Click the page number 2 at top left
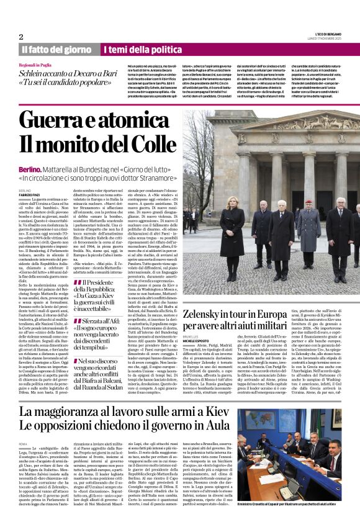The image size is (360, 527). coord(20,37)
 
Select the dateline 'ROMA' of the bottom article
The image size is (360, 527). coord(24,444)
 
